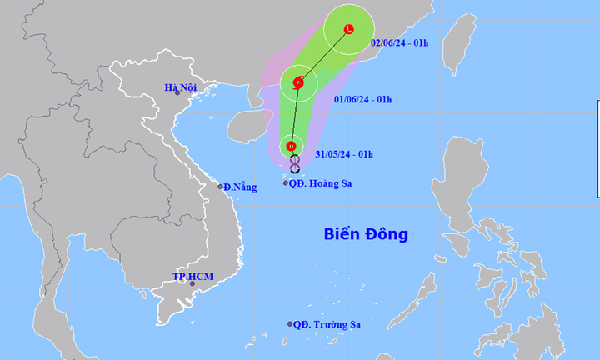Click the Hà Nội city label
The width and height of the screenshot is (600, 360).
coord(179,87)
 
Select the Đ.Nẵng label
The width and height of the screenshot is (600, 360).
coord(239,187)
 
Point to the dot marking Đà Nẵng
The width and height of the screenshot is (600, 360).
coord(222,186)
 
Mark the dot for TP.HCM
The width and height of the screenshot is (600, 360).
coord(192,284)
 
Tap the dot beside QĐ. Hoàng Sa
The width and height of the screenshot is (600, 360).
coord(286,182)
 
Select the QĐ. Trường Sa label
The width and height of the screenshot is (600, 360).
coord(326,324)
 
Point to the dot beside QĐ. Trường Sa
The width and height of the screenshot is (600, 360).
coord(290,324)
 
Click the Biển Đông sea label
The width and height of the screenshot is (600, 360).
coord(366,234)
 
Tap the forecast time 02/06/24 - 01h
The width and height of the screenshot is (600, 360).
coord(398,42)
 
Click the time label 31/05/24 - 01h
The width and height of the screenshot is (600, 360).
coord(345,154)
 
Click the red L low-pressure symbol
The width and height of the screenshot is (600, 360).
coord(349,30)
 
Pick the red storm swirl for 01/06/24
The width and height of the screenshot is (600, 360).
coord(299,82)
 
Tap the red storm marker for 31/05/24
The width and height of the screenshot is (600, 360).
coord(291,147)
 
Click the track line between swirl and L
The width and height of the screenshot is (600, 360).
coord(325,55)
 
